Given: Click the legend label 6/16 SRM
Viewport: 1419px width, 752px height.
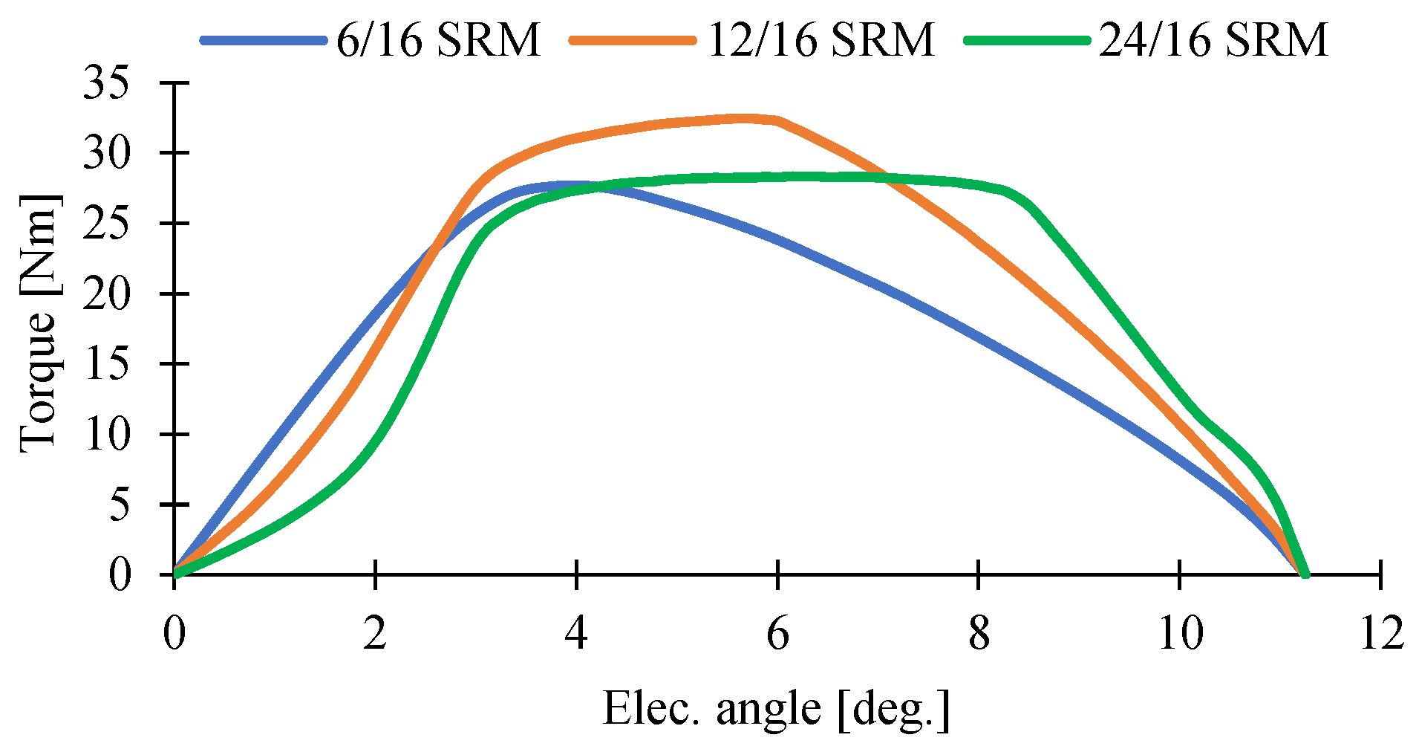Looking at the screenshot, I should click(438, 39).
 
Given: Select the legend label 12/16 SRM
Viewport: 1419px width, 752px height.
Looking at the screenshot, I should click(821, 39).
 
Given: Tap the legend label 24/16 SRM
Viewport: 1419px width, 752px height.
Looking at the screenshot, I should click(1213, 39).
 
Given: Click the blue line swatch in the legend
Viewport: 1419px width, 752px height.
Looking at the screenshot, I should click(264, 40).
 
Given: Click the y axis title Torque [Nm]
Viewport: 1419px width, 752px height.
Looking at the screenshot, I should click(39, 323).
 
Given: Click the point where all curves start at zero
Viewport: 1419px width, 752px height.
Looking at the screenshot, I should click(175, 573).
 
